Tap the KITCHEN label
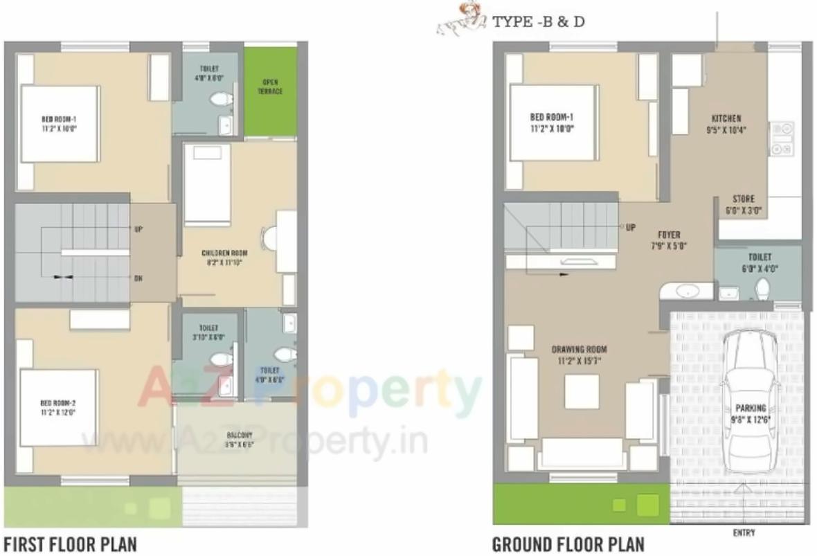(x=726, y=118)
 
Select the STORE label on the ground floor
(x=743, y=199)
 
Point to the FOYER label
(x=669, y=235)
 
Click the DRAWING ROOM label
(x=579, y=348)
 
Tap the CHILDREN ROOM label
(x=224, y=253)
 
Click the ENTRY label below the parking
(x=743, y=532)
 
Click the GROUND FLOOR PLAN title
(x=568, y=544)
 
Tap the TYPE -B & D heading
(x=538, y=21)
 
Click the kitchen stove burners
(x=782, y=138)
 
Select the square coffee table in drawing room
(x=581, y=391)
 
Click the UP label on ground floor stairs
(x=631, y=227)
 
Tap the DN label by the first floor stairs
(x=138, y=278)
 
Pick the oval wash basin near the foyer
(x=686, y=291)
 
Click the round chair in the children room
(x=269, y=239)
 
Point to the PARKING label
(x=751, y=409)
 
